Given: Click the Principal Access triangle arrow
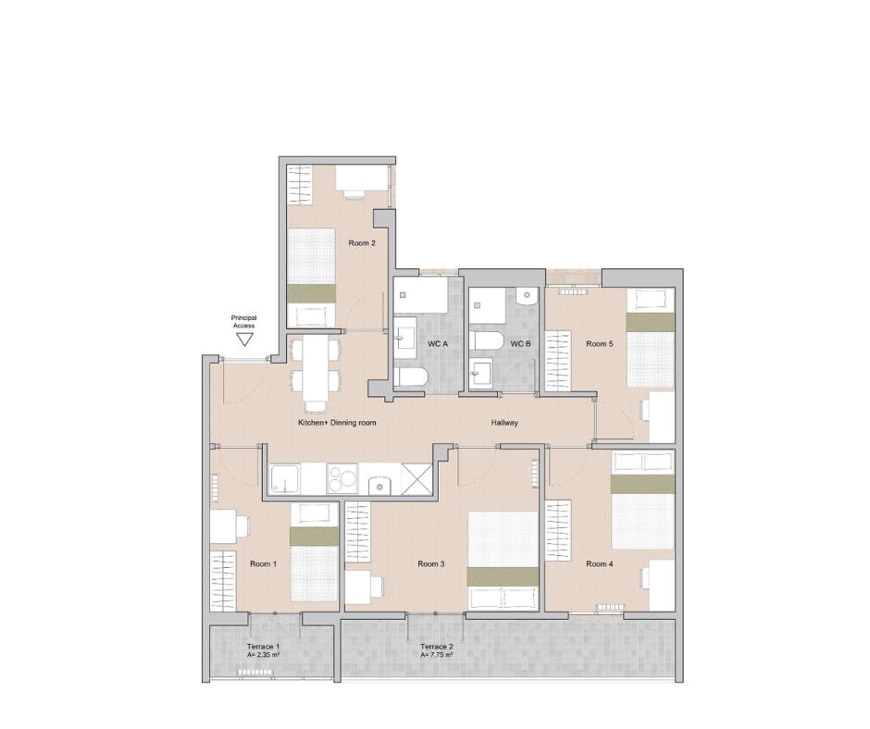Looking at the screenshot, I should [x=244, y=340].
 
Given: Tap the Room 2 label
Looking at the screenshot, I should [x=361, y=243].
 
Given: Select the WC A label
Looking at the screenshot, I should [x=437, y=344].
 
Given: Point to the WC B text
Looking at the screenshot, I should [x=521, y=344].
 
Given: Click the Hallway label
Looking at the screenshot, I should [x=504, y=423].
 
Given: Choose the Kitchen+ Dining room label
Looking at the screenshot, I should [x=336, y=423].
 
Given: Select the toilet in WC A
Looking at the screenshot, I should [x=409, y=377].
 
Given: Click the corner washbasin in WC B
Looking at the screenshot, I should [x=525, y=298].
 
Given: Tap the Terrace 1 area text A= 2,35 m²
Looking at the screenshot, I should [x=265, y=654].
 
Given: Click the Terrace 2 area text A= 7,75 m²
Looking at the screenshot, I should [x=436, y=654].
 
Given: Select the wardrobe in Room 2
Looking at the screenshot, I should [x=298, y=186].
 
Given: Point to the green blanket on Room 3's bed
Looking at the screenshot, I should [x=503, y=575].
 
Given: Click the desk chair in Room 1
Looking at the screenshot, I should [x=244, y=526].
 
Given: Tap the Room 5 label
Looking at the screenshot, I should [x=599, y=344].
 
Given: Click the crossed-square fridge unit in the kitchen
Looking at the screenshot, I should [x=416, y=479].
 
